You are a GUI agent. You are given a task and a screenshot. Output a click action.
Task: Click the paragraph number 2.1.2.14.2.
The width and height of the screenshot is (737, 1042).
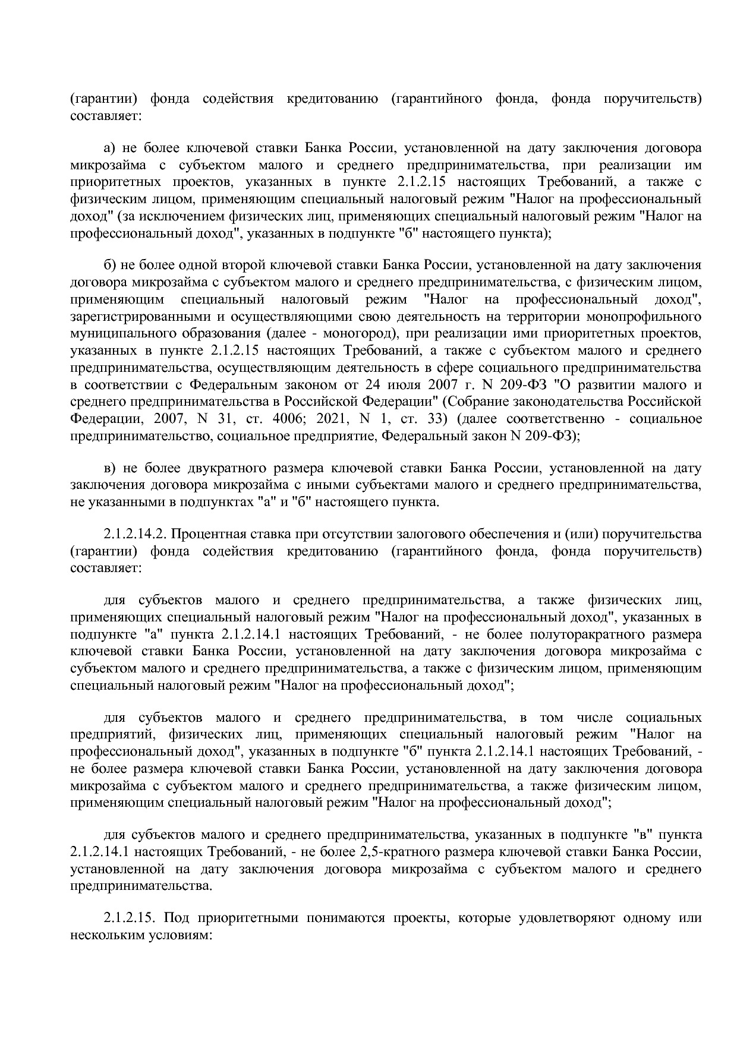point(134,534)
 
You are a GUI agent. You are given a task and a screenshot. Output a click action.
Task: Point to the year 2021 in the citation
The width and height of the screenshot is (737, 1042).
point(332,418)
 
